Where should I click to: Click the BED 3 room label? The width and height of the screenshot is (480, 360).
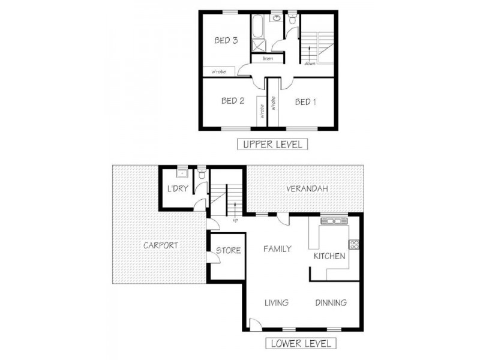227,41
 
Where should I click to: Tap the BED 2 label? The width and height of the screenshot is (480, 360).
232,101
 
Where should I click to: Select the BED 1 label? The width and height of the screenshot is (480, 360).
305,101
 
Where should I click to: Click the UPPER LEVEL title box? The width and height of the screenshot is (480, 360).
272,144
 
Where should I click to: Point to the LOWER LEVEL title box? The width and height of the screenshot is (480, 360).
301,344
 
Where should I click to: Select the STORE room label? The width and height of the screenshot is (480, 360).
228,250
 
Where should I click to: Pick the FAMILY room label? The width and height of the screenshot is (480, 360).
277,248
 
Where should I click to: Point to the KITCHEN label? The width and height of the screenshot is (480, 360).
329,256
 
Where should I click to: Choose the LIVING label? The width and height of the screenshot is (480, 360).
277,302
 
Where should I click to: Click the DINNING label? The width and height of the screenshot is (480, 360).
331,302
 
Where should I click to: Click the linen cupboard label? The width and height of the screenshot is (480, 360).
267,58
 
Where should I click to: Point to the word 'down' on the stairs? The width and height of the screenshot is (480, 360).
310,63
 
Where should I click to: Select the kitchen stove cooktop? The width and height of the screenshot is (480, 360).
354,244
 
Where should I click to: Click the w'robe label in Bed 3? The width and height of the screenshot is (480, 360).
217,71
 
